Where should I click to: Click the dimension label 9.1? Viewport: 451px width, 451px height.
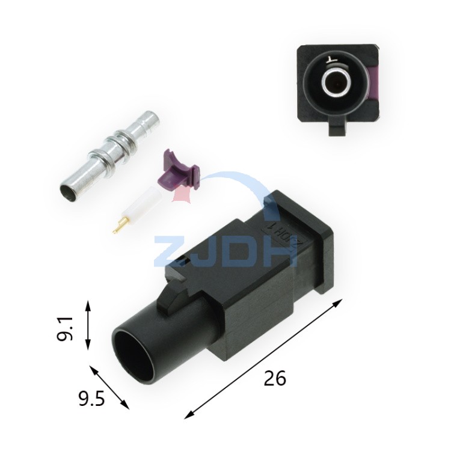[64, 328]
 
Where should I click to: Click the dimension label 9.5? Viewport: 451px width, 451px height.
[91, 399]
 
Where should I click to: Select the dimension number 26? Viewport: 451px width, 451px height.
[275, 378]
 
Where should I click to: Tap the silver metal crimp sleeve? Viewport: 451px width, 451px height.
[109, 156]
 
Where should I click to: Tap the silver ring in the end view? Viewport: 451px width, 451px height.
[336, 81]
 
